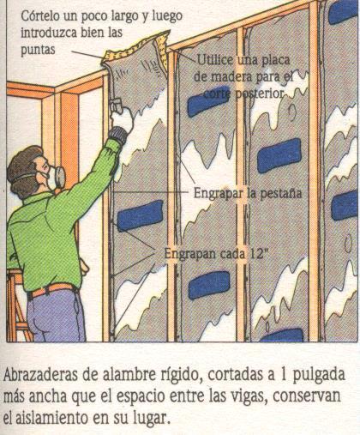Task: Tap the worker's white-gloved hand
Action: click(x=121, y=118)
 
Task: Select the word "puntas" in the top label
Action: click(x=38, y=51)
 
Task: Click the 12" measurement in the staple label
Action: click(x=259, y=253)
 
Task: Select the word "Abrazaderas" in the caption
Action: click(x=40, y=374)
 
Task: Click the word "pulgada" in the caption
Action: click(x=321, y=376)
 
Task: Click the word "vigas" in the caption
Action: click(x=249, y=397)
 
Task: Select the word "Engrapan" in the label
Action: click(x=189, y=254)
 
